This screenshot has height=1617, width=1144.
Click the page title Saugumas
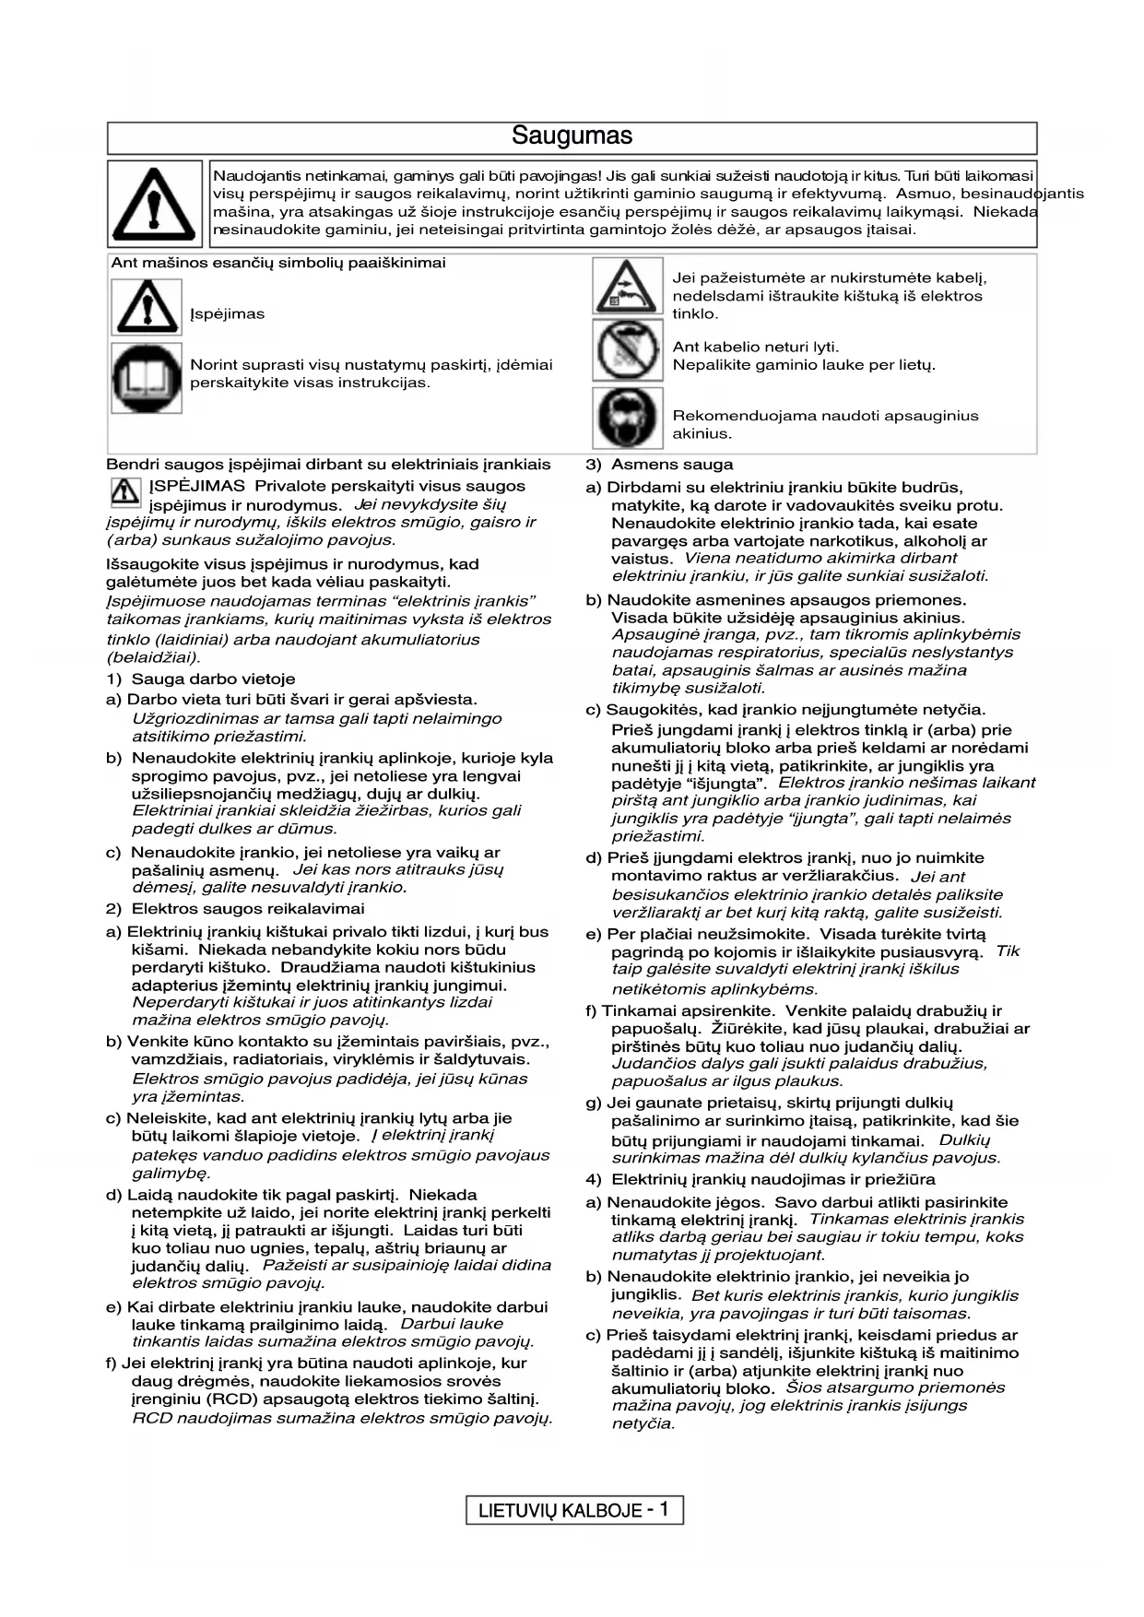(572, 136)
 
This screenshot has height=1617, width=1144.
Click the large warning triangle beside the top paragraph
(154, 203)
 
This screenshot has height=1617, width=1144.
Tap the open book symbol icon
(147, 378)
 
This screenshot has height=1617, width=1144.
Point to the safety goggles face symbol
(627, 418)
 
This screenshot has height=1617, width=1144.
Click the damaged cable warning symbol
(627, 287)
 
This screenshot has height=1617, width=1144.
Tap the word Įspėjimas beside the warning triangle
(227, 314)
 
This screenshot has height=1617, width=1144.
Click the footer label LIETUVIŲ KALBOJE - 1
(573, 1510)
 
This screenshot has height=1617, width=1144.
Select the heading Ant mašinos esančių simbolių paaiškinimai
(278, 263)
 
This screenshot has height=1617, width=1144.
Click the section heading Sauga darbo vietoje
(213, 679)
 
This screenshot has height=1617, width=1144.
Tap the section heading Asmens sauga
(672, 465)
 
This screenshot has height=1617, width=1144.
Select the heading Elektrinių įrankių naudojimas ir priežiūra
(772, 1179)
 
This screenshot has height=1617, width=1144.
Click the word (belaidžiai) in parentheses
(153, 658)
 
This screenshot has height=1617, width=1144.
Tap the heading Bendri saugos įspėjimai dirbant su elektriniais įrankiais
(328, 465)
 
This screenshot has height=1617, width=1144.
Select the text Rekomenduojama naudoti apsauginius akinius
(825, 424)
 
